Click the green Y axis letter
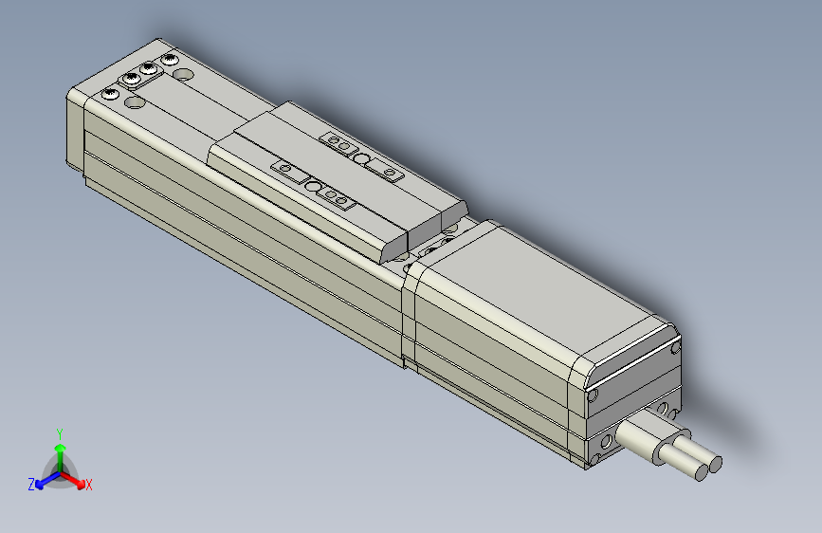click(x=59, y=432)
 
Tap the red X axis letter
click(x=89, y=485)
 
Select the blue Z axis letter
click(x=31, y=484)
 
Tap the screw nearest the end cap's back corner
click(x=171, y=60)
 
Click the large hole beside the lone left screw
click(x=134, y=101)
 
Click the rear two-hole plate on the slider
click(x=338, y=140)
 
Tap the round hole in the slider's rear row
click(x=362, y=157)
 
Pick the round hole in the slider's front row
click(x=314, y=186)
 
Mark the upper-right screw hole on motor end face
click(x=675, y=348)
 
